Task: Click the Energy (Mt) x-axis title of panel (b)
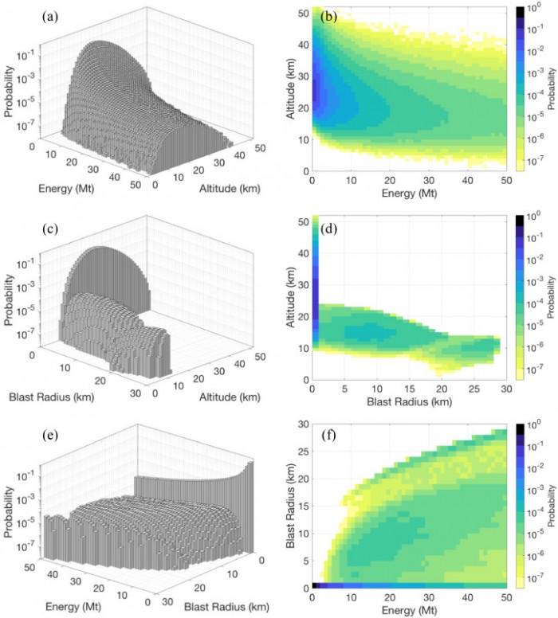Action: (x=407, y=190)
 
